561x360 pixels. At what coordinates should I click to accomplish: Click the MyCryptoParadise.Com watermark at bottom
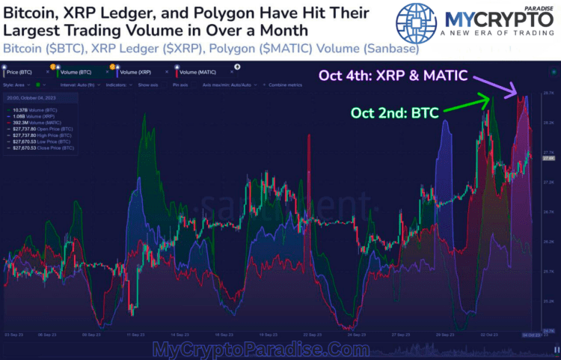261,350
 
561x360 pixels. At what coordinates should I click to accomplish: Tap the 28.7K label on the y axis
548,93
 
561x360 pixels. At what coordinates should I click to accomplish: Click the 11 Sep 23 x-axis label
135,335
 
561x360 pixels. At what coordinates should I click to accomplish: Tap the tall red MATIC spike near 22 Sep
308,150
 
